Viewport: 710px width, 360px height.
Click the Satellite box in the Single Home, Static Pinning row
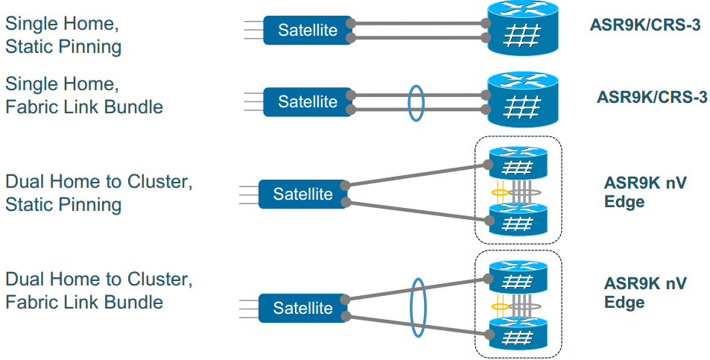[x=308, y=31]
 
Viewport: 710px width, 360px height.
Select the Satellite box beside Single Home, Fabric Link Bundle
[x=308, y=101]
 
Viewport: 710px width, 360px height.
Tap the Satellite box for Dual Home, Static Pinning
[x=302, y=194]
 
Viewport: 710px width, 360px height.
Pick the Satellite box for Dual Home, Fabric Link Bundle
[x=302, y=308]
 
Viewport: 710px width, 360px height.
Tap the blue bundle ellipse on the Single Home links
[x=416, y=102]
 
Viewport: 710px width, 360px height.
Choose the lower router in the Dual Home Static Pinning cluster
[x=518, y=219]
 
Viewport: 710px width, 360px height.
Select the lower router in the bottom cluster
[x=518, y=333]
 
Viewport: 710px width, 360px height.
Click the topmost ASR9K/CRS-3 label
[x=644, y=25]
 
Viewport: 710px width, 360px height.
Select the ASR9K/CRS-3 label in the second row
[x=652, y=97]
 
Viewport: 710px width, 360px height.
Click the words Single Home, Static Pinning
[x=63, y=35]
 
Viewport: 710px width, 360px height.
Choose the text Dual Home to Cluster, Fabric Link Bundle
[x=99, y=291]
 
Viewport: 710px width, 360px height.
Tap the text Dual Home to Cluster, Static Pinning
[x=99, y=193]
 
